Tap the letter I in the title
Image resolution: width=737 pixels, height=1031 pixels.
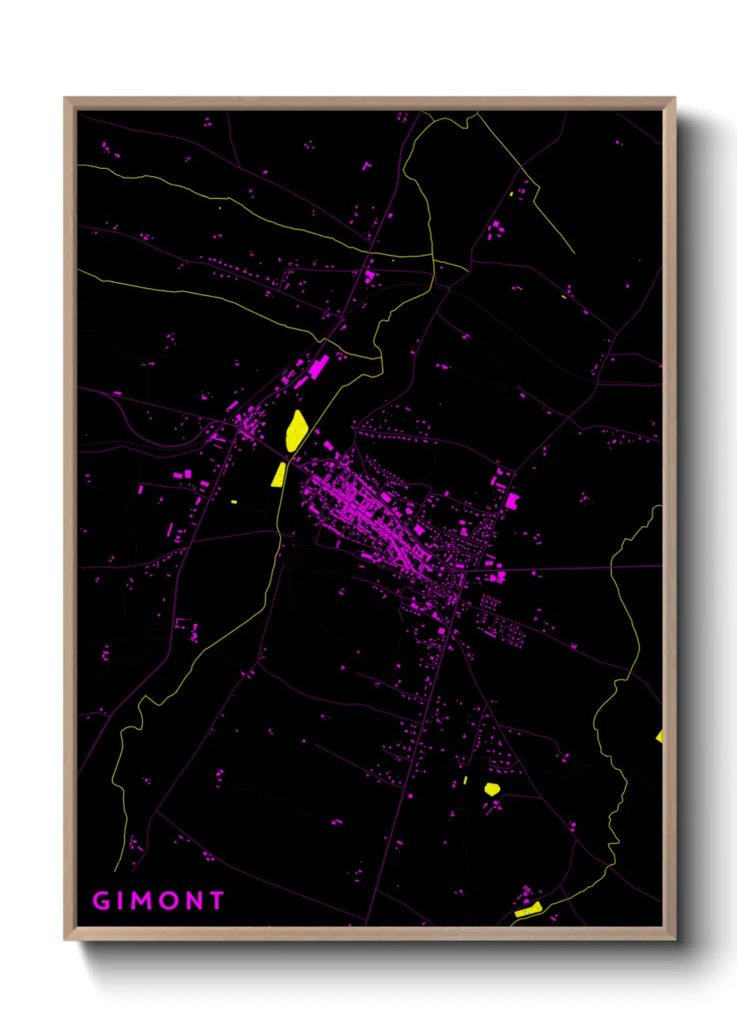tap(121, 901)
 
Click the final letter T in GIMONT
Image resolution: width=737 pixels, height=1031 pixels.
tap(216, 901)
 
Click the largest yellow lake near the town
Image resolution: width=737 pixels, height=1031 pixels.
tap(296, 431)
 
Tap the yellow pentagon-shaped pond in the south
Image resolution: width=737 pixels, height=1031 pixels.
tap(492, 789)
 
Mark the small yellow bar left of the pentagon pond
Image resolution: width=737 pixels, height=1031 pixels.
tap(465, 780)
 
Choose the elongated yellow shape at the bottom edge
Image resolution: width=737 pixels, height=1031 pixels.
tap(529, 910)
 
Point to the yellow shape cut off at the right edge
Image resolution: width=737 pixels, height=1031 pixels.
tap(659, 736)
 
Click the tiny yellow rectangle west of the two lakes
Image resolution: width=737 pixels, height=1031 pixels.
tap(234, 502)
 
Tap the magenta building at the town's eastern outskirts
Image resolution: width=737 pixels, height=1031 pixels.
tap(512, 500)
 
